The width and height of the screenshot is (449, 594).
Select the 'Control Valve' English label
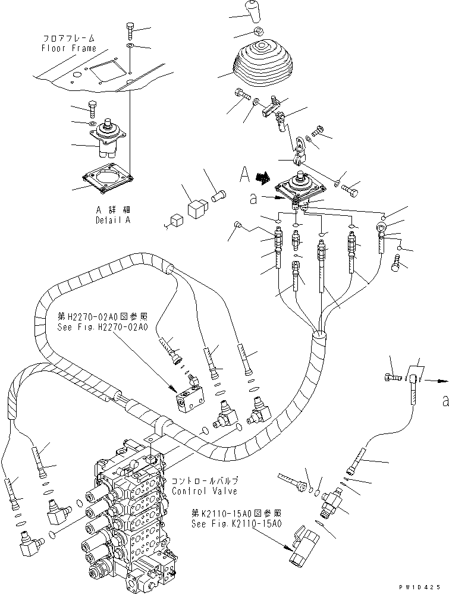tap(197, 491)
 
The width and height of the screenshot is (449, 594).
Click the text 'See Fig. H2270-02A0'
tap(102, 327)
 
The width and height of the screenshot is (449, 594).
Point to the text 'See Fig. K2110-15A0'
tap(237, 524)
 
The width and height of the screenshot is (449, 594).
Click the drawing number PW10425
tap(425, 586)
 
